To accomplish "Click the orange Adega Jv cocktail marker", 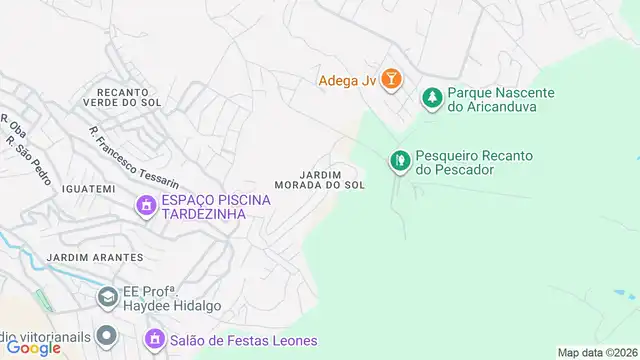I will (391, 79).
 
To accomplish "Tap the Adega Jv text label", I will (348, 80).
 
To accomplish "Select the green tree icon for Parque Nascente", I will (432, 97).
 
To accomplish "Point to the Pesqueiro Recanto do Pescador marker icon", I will (399, 160).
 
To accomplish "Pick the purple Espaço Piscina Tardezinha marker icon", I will (146, 206).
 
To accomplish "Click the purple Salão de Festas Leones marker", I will (155, 341).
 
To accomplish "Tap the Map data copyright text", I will (598, 352).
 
